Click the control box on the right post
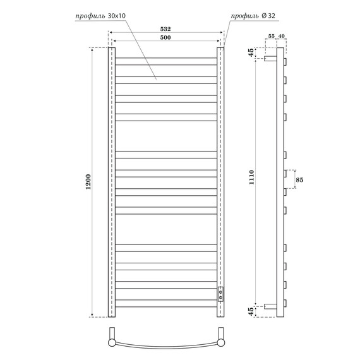click(220, 293)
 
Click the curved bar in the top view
click(167, 347)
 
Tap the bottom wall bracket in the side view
click(271, 306)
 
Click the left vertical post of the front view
click(112, 183)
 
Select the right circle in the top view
click(222, 342)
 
